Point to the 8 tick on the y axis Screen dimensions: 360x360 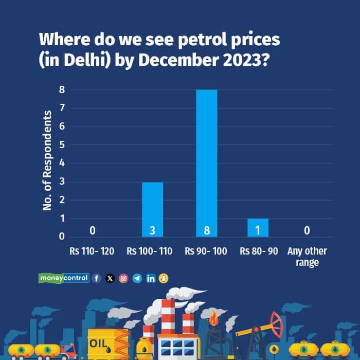[x=61, y=89]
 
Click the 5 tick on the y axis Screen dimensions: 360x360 [x=61, y=145]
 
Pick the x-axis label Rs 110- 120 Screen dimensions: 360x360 [x=92, y=251]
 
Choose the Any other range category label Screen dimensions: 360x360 [x=307, y=257]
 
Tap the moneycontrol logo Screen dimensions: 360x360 [x=64, y=278]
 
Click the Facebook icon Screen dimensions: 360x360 [x=97, y=278]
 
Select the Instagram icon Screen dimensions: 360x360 [x=123, y=278]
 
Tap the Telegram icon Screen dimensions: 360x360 [x=137, y=278]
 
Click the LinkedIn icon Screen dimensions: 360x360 [x=151, y=278]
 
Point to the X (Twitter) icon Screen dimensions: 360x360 [x=110, y=278]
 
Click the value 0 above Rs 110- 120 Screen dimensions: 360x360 [x=92, y=231]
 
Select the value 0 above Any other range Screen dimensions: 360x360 [x=307, y=231]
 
